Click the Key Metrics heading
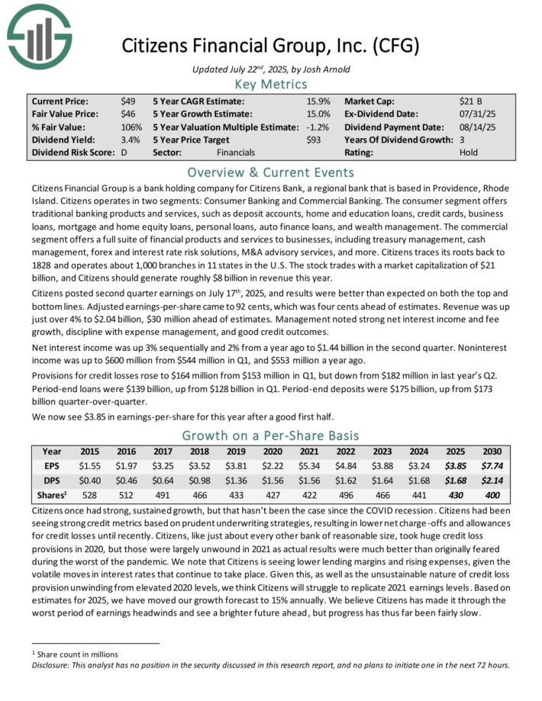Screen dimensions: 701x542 click(x=270, y=84)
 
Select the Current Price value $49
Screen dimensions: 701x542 click(x=128, y=101)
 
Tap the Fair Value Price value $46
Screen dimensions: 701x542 click(x=128, y=114)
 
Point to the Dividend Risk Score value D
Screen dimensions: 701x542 click(x=124, y=153)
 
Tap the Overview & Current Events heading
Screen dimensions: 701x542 click(x=270, y=172)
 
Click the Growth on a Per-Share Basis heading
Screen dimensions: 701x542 click(x=270, y=436)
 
